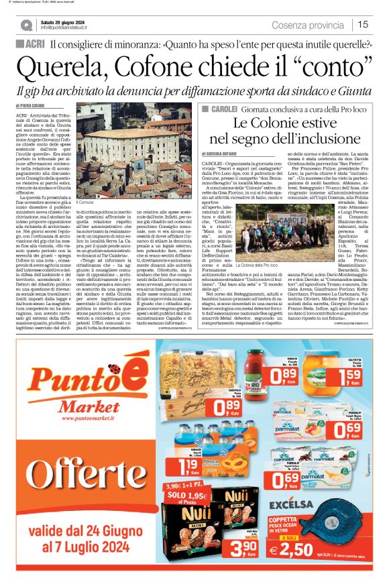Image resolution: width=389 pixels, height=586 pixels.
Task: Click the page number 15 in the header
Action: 363,25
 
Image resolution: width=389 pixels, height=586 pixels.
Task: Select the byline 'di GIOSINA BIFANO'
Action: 223,154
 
